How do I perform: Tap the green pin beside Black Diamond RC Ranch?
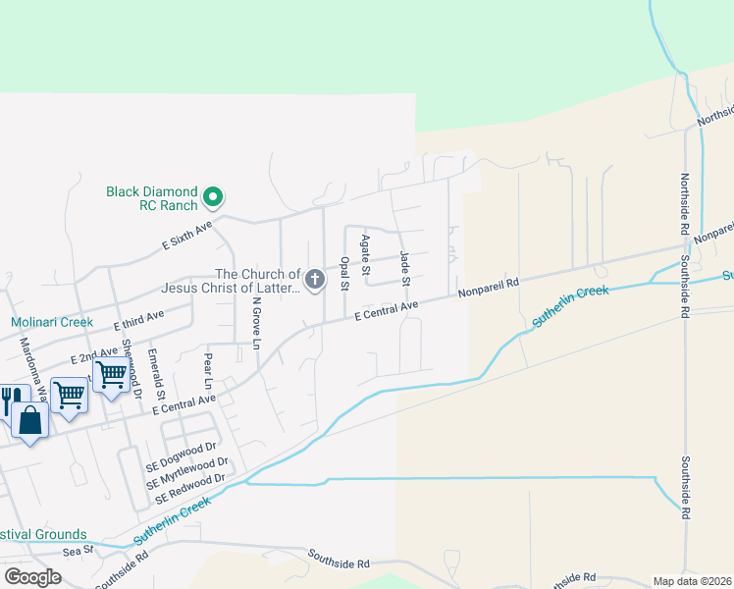click(212, 199)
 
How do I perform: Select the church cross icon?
click(315, 281)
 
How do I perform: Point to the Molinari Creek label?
click(52, 322)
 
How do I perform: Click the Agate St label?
click(365, 254)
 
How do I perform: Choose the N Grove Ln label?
click(255, 323)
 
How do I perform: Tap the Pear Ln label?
click(208, 370)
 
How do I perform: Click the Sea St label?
click(77, 552)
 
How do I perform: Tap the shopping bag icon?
click(30, 421)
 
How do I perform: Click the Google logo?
click(32, 577)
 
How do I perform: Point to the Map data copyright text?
click(692, 581)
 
